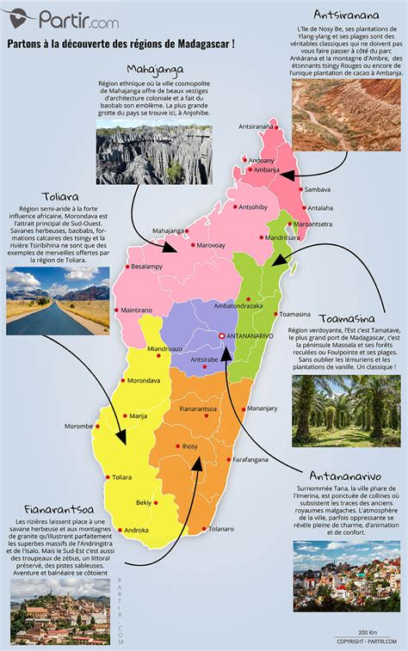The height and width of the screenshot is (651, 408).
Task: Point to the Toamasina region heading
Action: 348,316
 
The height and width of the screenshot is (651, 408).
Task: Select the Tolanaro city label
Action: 221,529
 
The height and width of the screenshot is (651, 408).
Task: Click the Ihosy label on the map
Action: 190,446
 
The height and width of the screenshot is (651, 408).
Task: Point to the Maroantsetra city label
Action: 312,224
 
